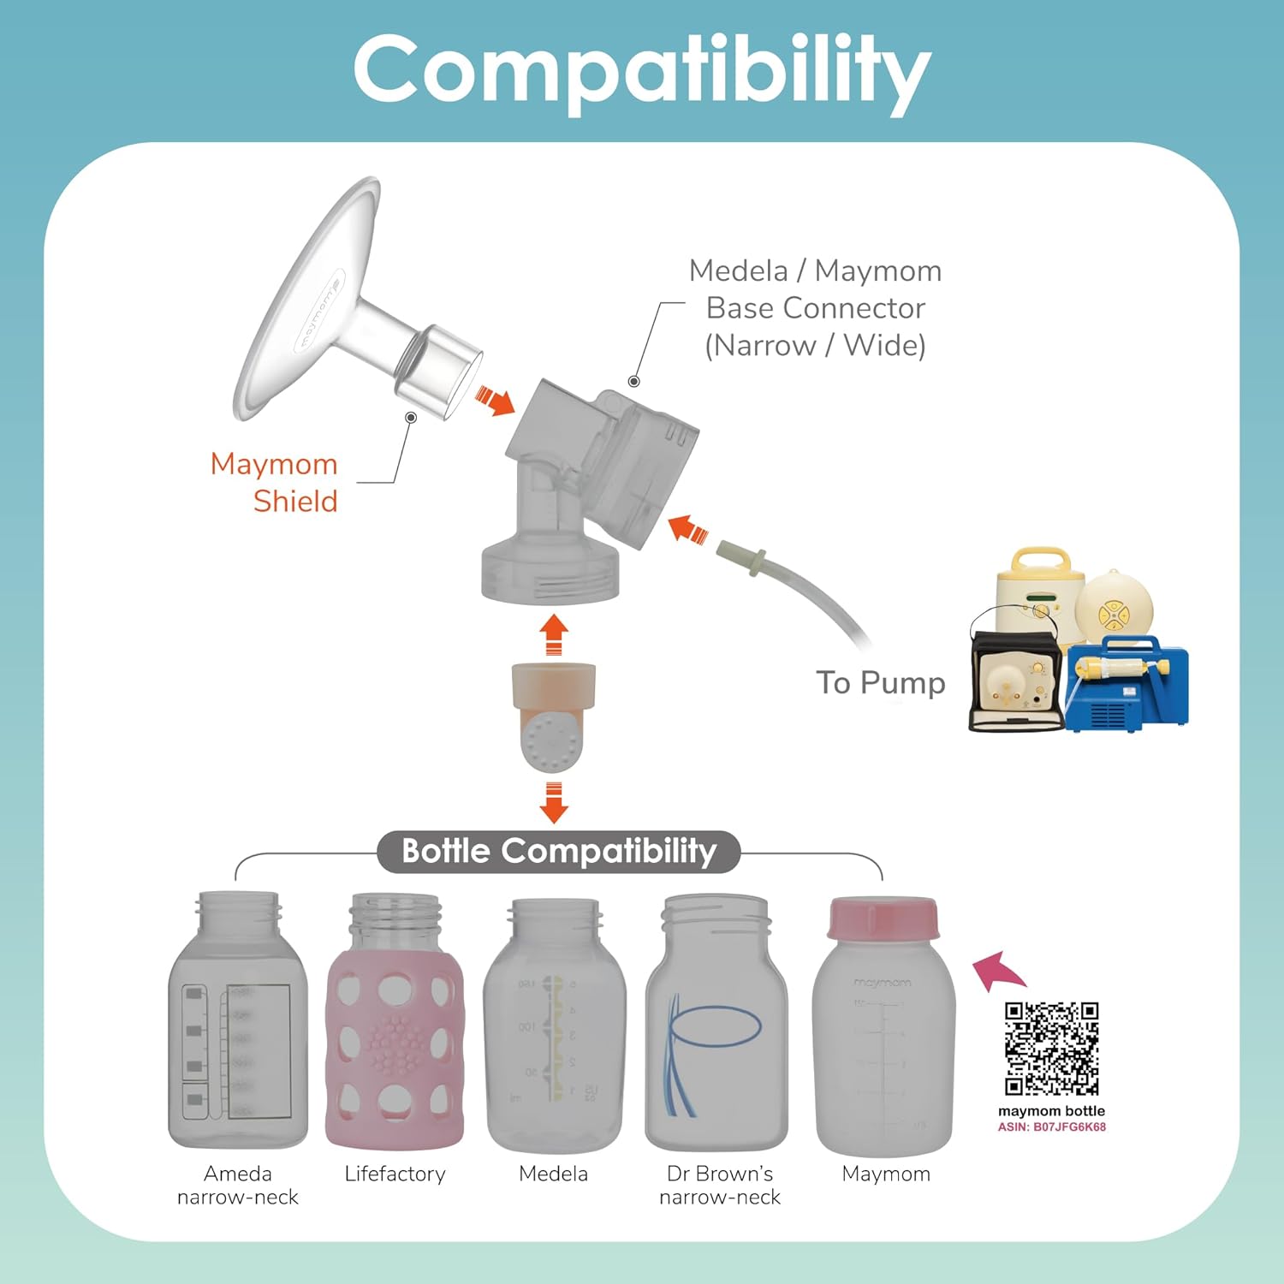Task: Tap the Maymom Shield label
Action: tap(274, 482)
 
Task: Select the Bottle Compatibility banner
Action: tap(558, 851)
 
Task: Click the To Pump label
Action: tap(880, 683)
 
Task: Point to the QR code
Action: tap(1051, 1049)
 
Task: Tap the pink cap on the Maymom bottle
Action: tap(883, 918)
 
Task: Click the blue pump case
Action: tap(1126, 685)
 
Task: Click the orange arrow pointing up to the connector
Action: tap(554, 634)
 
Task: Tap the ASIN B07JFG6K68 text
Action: tap(1051, 1126)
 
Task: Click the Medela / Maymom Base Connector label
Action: tap(815, 308)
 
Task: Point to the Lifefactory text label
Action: tap(395, 1174)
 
